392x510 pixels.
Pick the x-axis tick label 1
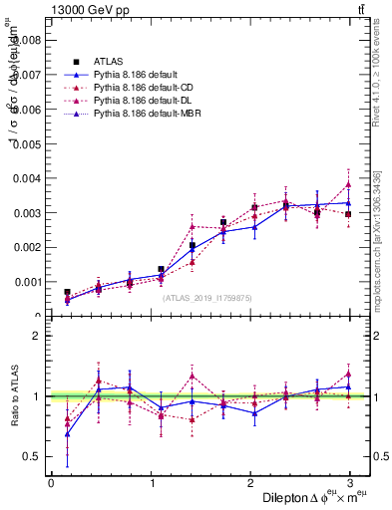[152, 483]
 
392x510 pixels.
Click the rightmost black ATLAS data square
[348, 214]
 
